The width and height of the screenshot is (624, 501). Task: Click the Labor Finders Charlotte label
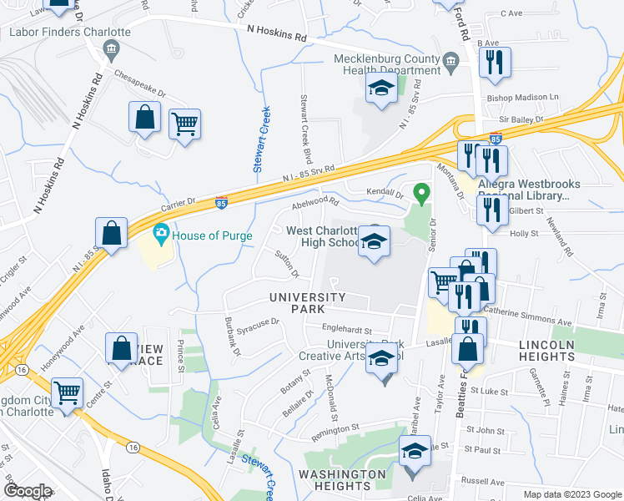pyautogui.click(x=70, y=32)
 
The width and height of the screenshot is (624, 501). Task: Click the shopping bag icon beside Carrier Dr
pyautogui.click(x=112, y=232)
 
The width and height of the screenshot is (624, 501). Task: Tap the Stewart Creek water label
pyautogui.click(x=262, y=139)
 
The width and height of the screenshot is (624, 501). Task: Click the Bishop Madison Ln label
pyautogui.click(x=523, y=98)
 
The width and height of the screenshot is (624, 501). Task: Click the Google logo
pyautogui.click(x=28, y=491)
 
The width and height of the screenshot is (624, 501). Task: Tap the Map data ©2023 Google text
pyautogui.click(x=572, y=493)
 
